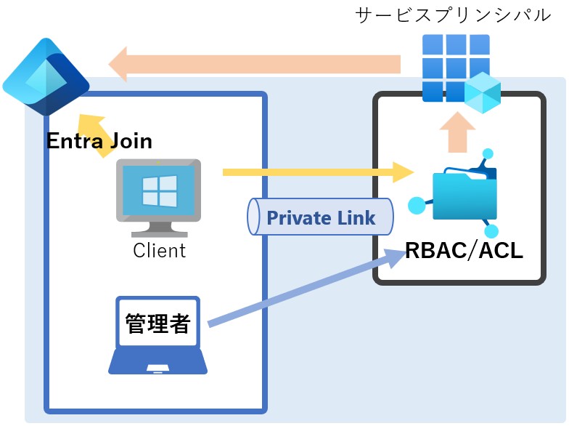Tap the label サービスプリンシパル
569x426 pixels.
453,16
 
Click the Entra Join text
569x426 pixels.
99,140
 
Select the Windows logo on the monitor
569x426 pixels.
159,190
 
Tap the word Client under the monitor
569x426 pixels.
160,251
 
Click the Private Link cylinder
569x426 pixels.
320,217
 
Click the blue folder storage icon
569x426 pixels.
465,193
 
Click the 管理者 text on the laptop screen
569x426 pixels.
157,323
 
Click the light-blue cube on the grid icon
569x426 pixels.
482,92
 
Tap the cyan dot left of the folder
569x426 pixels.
416,206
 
